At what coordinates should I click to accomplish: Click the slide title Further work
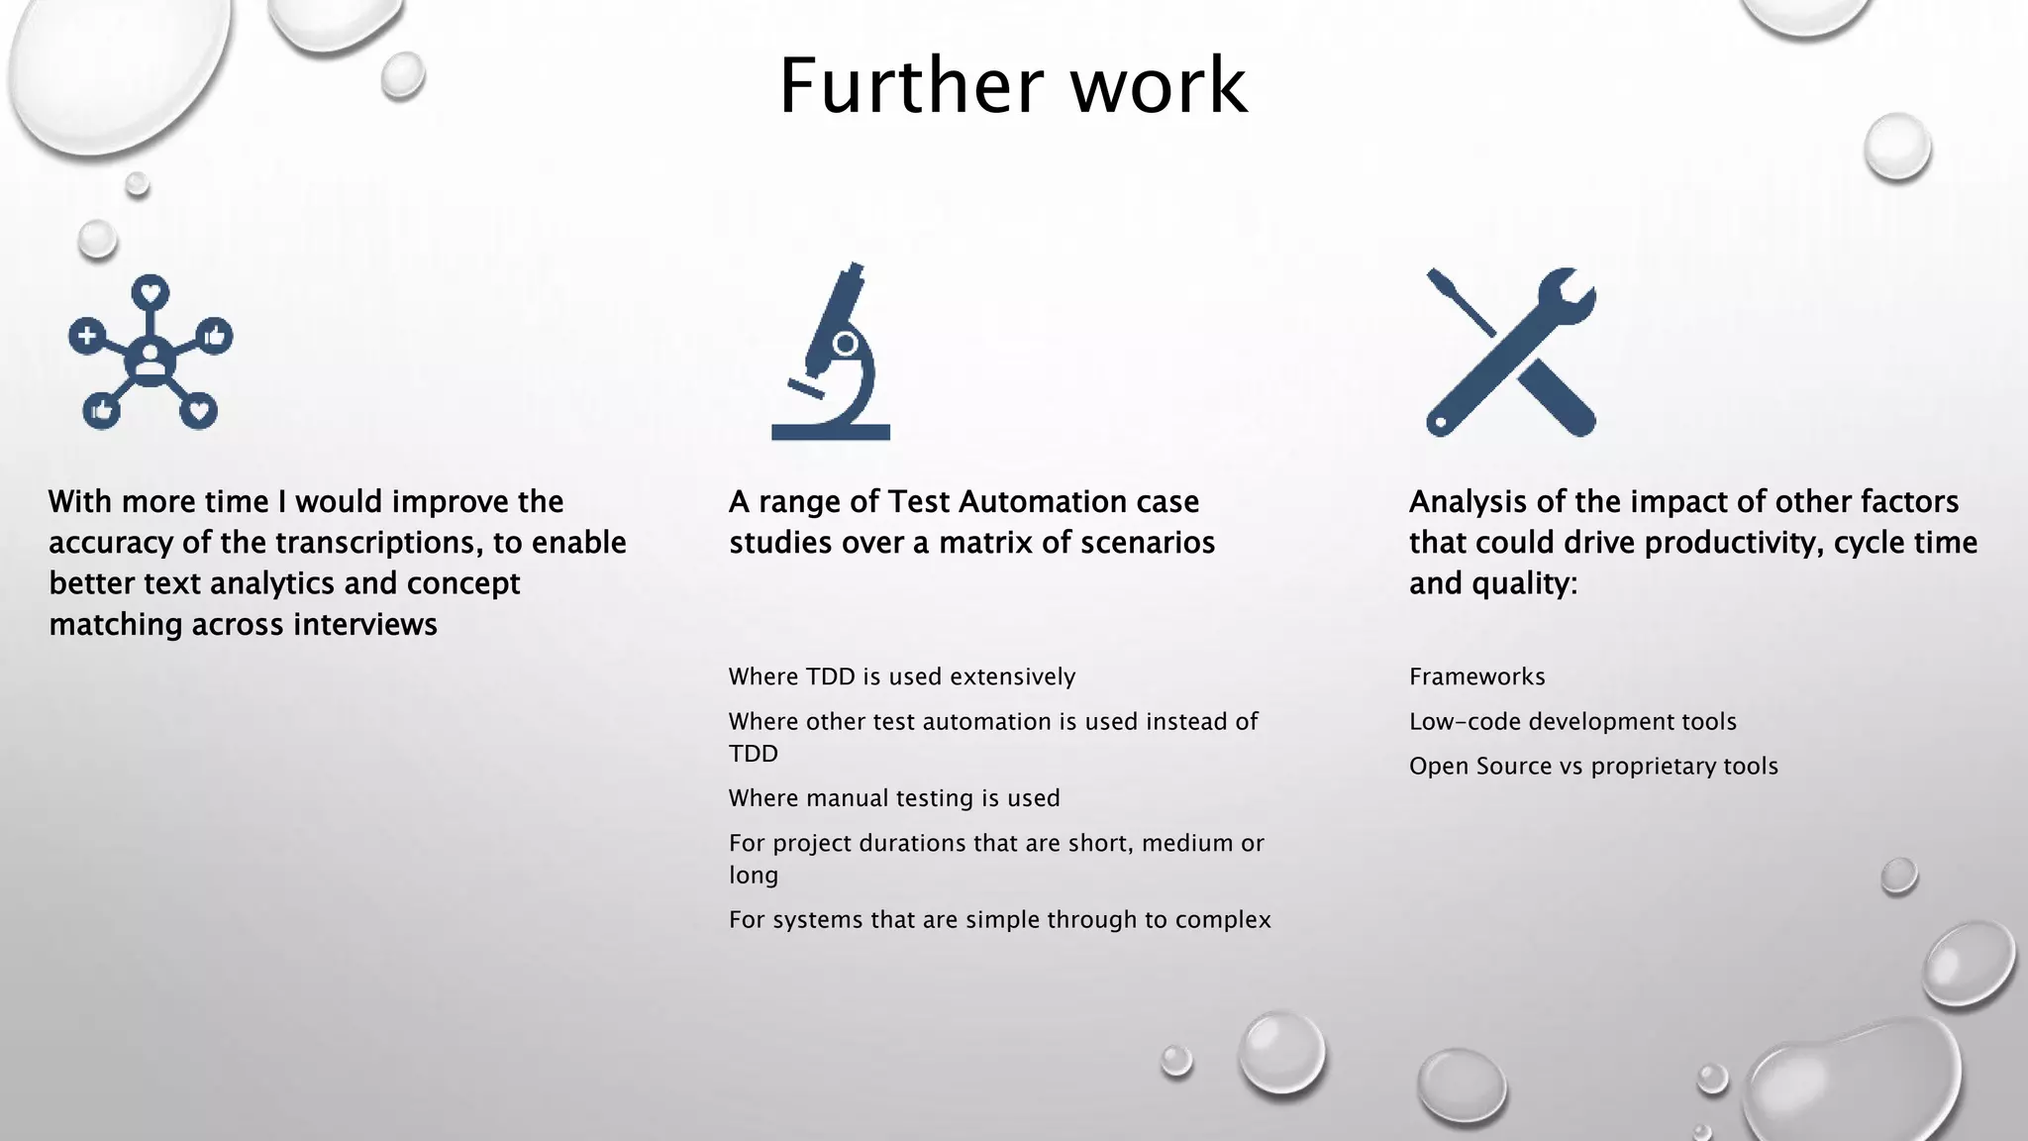coord(1012,86)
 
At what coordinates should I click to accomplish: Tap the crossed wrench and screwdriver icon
coord(1511,353)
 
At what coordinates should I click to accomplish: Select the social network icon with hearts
coord(151,353)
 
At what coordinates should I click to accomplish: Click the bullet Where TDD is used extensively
coord(901,677)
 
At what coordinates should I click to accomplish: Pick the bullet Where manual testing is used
coord(893,798)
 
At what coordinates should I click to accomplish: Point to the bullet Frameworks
coord(1476,677)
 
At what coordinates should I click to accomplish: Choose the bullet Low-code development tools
coord(1572,722)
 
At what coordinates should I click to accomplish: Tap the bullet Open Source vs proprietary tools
coord(1593,767)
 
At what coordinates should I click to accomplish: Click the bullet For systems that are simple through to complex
coord(999,920)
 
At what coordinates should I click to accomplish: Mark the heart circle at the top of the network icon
coord(151,292)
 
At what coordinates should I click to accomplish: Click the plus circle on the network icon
coord(87,336)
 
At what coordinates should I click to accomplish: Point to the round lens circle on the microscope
coord(846,344)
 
